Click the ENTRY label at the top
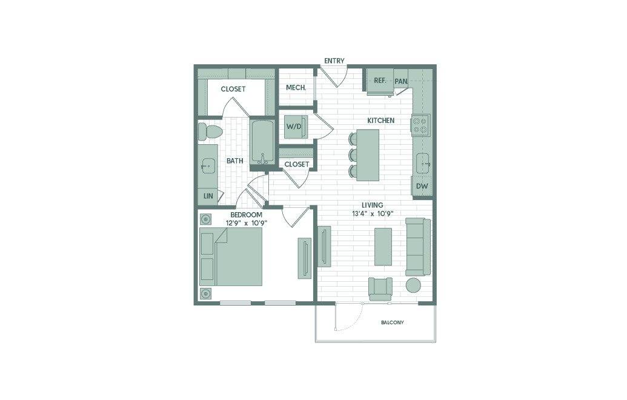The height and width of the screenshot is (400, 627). pyautogui.click(x=334, y=61)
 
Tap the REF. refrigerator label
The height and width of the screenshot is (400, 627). pyautogui.click(x=380, y=81)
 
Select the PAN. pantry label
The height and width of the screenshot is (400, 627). pyautogui.click(x=402, y=81)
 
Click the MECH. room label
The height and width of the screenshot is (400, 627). pyautogui.click(x=296, y=87)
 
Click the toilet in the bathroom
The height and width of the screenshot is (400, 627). pyautogui.click(x=210, y=132)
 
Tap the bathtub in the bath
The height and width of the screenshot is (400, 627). pyautogui.click(x=262, y=142)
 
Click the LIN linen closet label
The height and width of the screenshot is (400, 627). pyautogui.click(x=208, y=196)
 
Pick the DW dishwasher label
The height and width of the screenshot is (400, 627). pyautogui.click(x=422, y=186)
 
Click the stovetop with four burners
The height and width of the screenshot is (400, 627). pyautogui.click(x=420, y=125)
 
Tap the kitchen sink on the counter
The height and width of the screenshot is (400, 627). pyautogui.click(x=423, y=163)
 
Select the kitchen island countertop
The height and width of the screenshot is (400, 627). pyautogui.click(x=368, y=155)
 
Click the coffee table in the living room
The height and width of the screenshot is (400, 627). pyautogui.click(x=383, y=247)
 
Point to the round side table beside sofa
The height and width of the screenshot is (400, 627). pyautogui.click(x=414, y=285)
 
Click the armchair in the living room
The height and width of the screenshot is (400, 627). pyautogui.click(x=380, y=289)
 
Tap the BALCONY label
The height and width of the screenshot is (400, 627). pyautogui.click(x=393, y=322)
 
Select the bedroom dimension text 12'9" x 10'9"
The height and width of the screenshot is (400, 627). pyautogui.click(x=247, y=223)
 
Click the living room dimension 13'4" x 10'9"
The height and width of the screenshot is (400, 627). pyautogui.click(x=373, y=213)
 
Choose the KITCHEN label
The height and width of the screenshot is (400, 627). pyautogui.click(x=380, y=121)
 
